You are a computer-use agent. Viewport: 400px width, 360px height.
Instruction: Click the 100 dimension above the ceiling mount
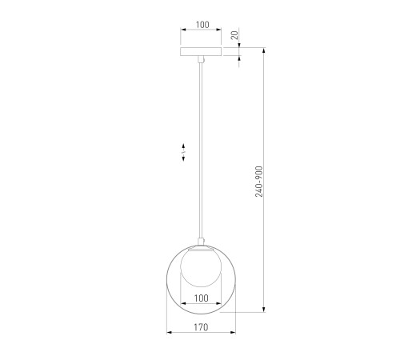pyautogui.click(x=202, y=25)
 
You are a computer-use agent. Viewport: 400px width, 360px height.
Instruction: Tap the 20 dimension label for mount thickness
pyautogui.click(x=234, y=35)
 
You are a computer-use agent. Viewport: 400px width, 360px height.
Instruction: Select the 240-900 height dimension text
pyautogui.click(x=259, y=182)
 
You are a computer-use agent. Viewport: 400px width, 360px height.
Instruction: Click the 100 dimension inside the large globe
pyautogui.click(x=201, y=298)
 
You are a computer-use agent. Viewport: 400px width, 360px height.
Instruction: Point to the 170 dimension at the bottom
pyautogui.click(x=201, y=327)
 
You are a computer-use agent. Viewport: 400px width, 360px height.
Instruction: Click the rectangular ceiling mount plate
pyautogui.click(x=201, y=52)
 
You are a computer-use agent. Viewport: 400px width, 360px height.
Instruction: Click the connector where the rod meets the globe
pyautogui.click(x=201, y=242)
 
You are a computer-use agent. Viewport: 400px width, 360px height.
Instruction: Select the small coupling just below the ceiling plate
pyautogui.click(x=202, y=59)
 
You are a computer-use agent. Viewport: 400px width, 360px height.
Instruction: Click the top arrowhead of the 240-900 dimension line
pyautogui.click(x=264, y=50)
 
